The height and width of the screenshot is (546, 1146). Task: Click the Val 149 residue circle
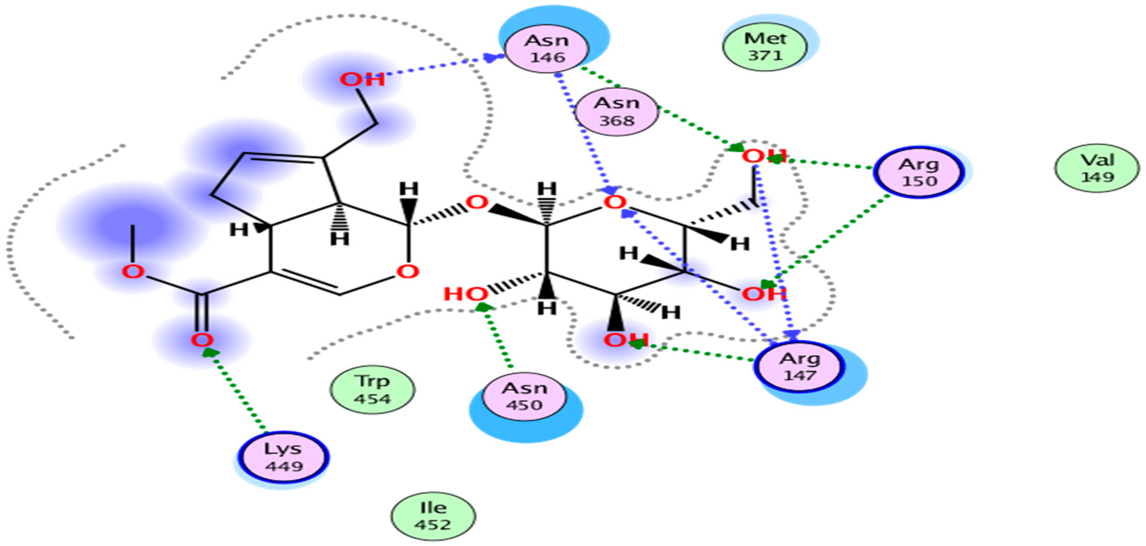pyautogui.click(x=1097, y=168)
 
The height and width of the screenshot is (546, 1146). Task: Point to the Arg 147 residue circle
pyautogui.click(x=799, y=367)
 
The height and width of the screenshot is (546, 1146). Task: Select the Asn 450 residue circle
pyautogui.click(x=524, y=396)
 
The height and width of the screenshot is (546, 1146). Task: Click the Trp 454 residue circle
pyautogui.click(x=372, y=390)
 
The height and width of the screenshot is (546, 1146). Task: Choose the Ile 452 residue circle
pyautogui.click(x=433, y=516)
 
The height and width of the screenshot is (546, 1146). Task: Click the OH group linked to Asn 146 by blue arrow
pyautogui.click(x=362, y=80)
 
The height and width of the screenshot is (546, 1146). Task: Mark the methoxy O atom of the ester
pyautogui.click(x=133, y=272)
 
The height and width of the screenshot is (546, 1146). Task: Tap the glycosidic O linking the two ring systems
pyautogui.click(x=477, y=203)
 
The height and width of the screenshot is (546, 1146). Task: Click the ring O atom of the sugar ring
pyautogui.click(x=615, y=203)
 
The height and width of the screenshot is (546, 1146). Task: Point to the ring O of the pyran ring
pyautogui.click(x=408, y=272)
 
